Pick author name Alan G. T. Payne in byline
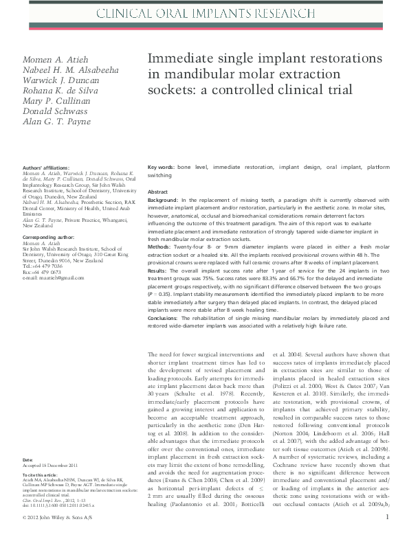[57, 121]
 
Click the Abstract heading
[158, 192]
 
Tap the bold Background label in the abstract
[164, 200]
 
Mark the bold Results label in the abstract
[159, 271]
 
